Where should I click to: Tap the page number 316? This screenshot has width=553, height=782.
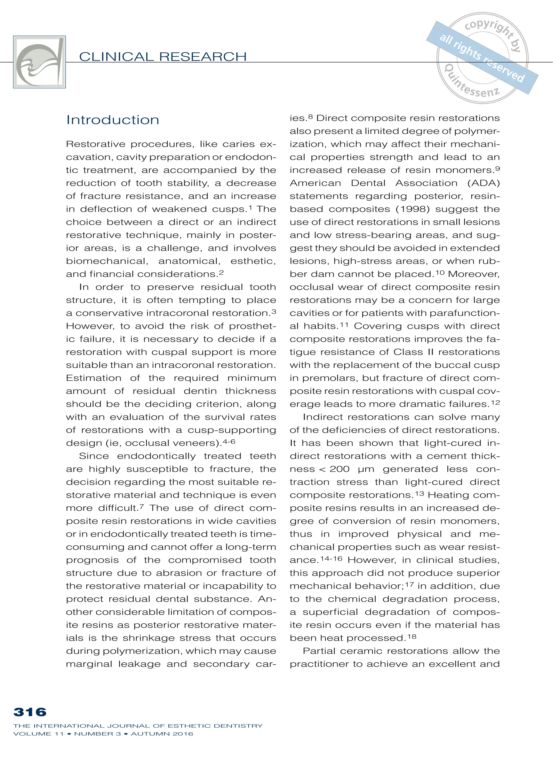[x=30, y=712]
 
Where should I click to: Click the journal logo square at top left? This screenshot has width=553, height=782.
[x=39, y=62]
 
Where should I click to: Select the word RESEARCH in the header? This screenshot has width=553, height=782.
[x=203, y=57]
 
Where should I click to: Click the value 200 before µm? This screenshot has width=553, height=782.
[x=339, y=469]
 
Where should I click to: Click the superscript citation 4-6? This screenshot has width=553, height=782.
[x=229, y=442]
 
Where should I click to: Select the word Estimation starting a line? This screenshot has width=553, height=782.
[x=94, y=378]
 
